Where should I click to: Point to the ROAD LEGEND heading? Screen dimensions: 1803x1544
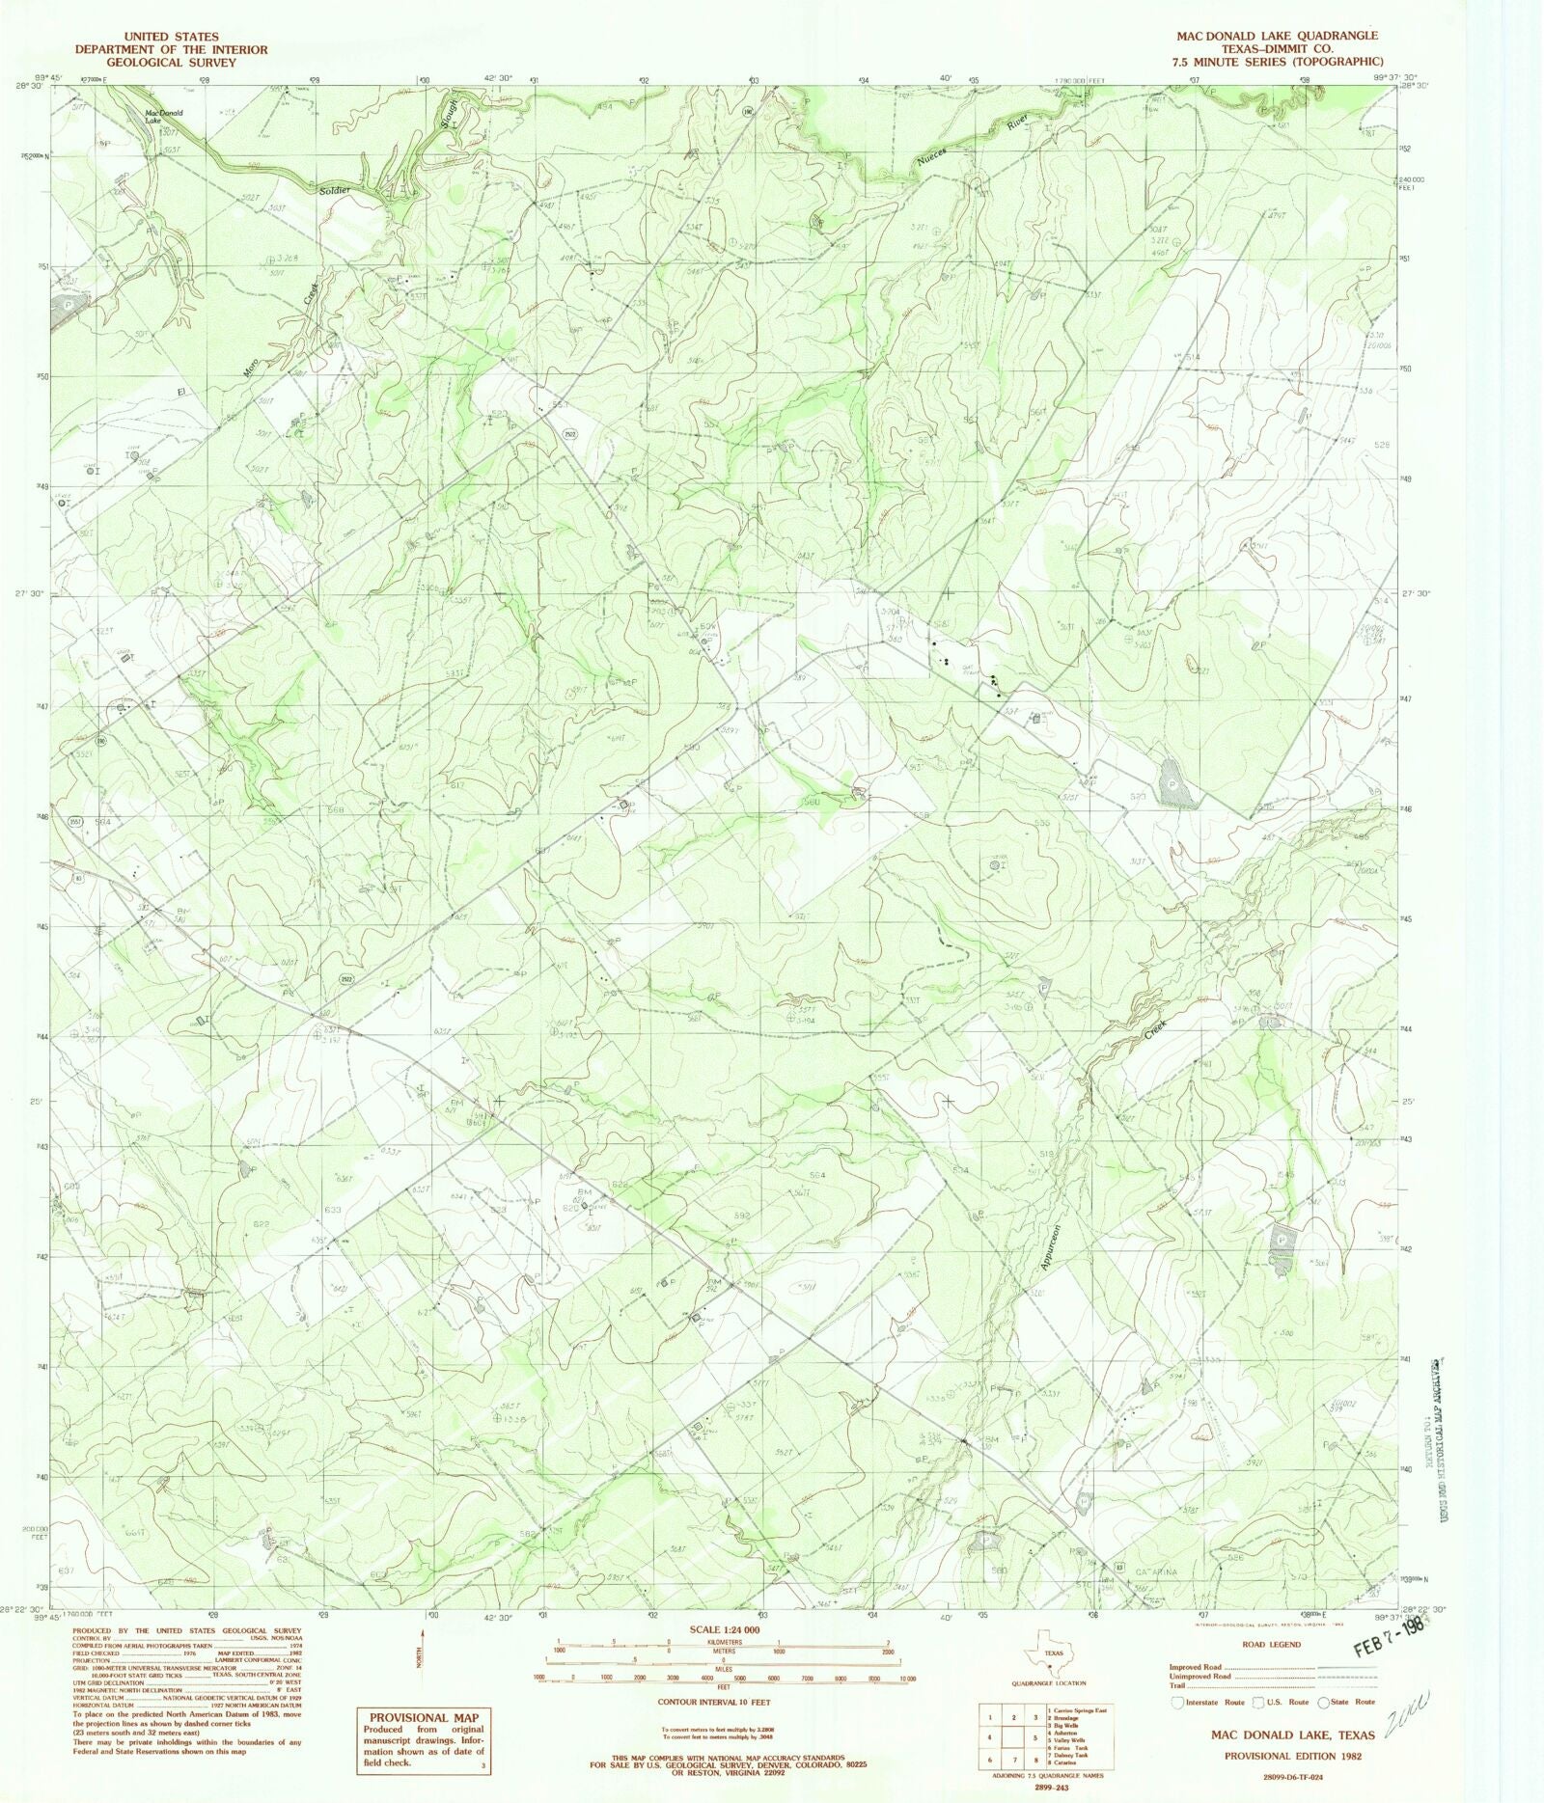point(1273,1644)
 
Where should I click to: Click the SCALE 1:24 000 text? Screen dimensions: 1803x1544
point(723,1629)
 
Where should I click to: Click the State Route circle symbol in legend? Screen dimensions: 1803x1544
point(1325,1703)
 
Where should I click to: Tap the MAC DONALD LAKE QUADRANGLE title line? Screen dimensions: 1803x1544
point(1277,36)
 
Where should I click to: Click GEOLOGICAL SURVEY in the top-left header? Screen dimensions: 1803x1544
point(172,62)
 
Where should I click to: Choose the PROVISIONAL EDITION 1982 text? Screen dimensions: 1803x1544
point(1293,1756)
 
